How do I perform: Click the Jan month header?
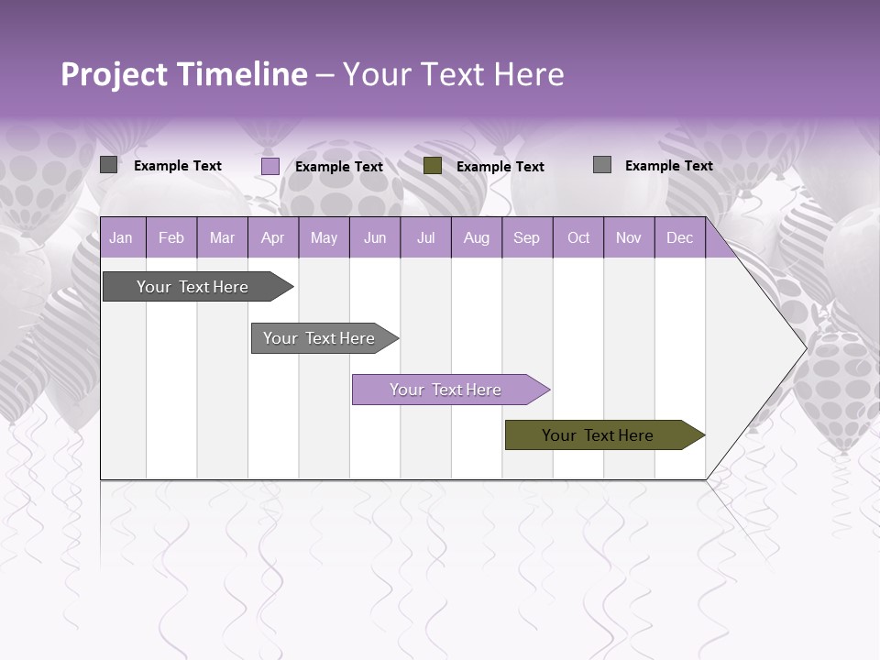point(121,238)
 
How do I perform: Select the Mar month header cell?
point(222,238)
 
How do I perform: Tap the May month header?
point(324,238)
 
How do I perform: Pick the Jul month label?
point(425,238)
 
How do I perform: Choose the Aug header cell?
point(476,238)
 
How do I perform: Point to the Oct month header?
point(578,238)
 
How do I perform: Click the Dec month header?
point(679,238)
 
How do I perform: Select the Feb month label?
point(171,238)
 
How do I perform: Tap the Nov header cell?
point(629,238)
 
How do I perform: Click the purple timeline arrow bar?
point(446,390)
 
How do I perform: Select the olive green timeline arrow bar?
point(599,435)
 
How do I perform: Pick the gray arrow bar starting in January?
point(193,287)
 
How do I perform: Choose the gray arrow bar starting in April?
point(320,338)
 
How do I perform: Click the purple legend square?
point(270,166)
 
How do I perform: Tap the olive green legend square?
point(433,166)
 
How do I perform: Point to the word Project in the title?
point(114,74)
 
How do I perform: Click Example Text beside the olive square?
point(500,167)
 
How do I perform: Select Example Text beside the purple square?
point(339,167)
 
